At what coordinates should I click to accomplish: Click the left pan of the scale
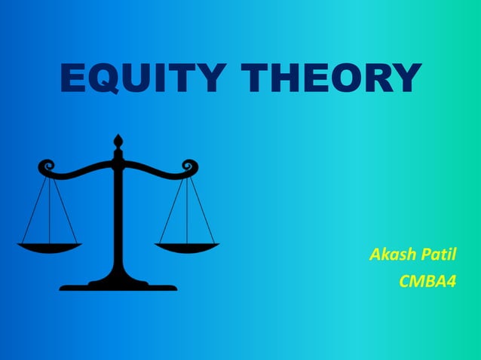tap(49, 246)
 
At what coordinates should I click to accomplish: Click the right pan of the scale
tap(187, 246)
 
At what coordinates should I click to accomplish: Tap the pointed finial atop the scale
tap(118, 141)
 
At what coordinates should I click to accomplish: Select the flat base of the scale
tap(118, 285)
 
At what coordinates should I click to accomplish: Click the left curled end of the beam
tap(46, 166)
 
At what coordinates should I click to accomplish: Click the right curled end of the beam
tap(190, 166)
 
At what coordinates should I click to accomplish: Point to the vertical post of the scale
tap(118, 218)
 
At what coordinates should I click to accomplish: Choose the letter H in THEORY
tap(284, 78)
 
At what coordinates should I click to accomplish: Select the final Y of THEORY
tap(406, 78)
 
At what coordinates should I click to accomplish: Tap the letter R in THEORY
tap(380, 78)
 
